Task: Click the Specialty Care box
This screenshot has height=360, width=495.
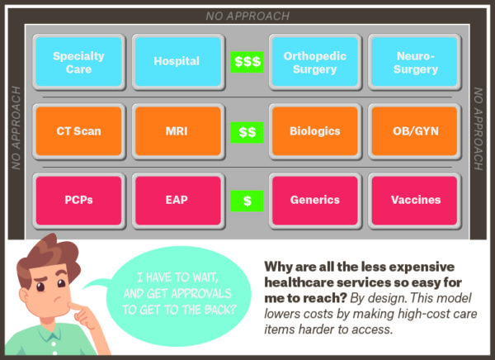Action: [78, 62]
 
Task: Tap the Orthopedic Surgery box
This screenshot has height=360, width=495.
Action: [315, 62]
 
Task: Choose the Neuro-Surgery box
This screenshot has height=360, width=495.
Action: [414, 62]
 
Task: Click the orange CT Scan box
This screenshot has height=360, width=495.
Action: [78, 131]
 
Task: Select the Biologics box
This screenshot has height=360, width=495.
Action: [315, 131]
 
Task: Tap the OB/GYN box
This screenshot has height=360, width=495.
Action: [414, 131]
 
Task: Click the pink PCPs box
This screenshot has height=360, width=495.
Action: [78, 201]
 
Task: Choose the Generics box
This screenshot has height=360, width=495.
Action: [315, 201]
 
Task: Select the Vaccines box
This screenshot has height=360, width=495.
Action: [414, 201]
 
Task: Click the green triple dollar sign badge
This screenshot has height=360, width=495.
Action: [247, 62]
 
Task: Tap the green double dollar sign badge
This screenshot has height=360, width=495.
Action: [247, 132]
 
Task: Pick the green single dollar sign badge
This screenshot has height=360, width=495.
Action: [247, 201]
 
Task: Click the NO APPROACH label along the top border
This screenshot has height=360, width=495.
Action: [247, 17]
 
